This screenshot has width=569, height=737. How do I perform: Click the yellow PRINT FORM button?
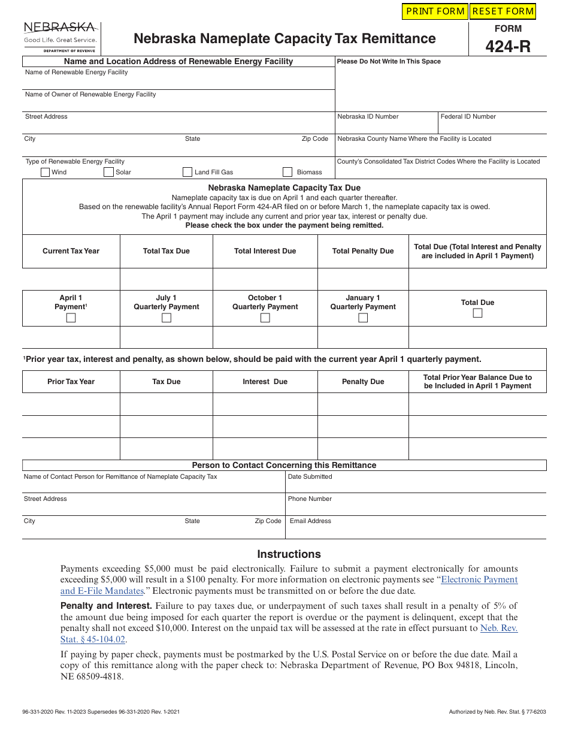434,11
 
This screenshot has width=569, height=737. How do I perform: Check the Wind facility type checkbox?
45,172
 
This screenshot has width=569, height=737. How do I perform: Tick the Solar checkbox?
108,172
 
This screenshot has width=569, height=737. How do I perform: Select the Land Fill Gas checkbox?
187,172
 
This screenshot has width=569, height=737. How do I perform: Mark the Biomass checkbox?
287,172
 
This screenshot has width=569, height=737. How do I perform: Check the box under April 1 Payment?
71,318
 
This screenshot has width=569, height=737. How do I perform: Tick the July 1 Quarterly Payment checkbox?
167,318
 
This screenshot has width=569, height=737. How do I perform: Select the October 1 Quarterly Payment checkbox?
265,318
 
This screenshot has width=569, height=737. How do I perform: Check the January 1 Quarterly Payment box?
363,318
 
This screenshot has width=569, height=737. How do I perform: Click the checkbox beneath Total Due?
477,313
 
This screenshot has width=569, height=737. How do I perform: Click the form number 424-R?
508,46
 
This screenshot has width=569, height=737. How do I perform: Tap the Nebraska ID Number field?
386,126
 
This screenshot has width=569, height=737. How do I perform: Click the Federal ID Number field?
492,126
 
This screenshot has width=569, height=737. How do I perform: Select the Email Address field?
416,530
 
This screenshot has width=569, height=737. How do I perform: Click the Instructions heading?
289,554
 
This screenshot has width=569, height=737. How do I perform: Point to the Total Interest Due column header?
265,251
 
